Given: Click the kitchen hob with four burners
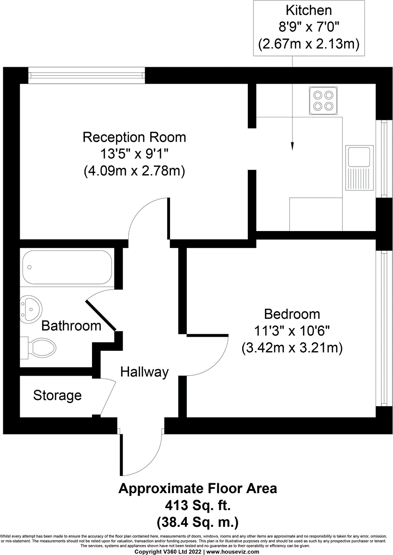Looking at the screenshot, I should coord(323,100).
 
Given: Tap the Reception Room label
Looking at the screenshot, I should coord(134,138).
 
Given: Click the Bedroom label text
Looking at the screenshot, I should coord(292,314).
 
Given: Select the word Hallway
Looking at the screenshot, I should coord(144,372).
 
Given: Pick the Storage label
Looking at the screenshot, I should coord(57,396).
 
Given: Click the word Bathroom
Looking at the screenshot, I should coord(71,326).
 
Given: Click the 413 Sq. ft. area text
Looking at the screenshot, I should coord(197,505).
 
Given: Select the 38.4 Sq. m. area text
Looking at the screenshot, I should coord(197,521).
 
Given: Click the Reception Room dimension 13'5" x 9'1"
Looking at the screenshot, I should coord(134,154).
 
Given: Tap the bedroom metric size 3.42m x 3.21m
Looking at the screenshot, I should coord(292,348).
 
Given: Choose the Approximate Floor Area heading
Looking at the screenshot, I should coord(197,489).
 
